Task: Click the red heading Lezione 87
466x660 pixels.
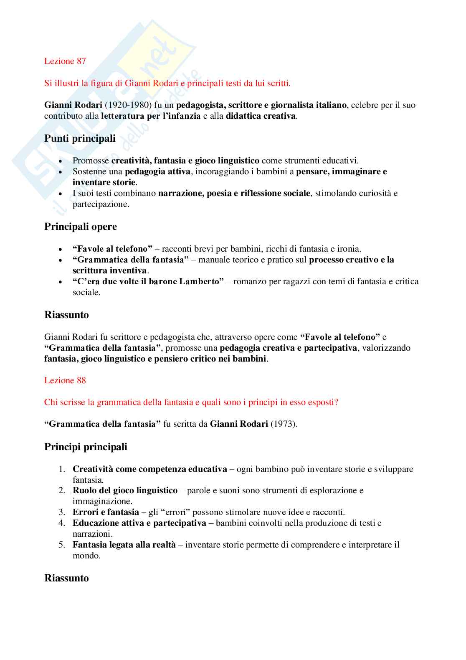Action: [65, 61]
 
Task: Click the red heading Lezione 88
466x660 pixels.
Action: [65, 380]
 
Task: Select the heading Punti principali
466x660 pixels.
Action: [80, 138]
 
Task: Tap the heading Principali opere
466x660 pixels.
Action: [81, 227]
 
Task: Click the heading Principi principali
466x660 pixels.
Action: [86, 447]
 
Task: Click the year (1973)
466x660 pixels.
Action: [284, 424]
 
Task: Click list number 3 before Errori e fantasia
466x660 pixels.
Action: [62, 512]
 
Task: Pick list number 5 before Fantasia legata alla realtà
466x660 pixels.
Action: [62, 545]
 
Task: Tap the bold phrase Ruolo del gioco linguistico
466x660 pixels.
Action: [125, 490]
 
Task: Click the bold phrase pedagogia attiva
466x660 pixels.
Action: [157, 171]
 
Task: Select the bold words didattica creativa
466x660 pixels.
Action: [261, 116]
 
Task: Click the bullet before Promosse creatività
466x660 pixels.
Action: [61, 161]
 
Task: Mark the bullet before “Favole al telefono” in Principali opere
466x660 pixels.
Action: [61, 249]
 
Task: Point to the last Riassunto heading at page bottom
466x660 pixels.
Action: [66, 578]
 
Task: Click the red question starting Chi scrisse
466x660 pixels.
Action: [191, 402]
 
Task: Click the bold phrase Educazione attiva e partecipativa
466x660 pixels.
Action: [139, 523]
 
